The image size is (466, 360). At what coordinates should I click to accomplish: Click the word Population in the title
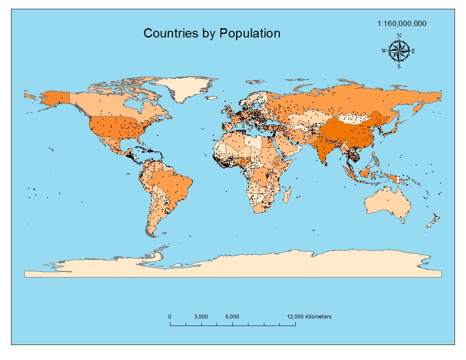click(x=250, y=33)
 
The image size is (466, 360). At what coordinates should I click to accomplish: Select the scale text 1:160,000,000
click(x=402, y=24)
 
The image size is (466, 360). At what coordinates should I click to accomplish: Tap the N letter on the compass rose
click(x=399, y=36)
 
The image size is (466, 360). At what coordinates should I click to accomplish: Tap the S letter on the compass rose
click(x=399, y=66)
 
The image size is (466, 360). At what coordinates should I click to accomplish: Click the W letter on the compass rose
click(x=384, y=51)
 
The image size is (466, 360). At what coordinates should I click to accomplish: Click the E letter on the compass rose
click(x=413, y=51)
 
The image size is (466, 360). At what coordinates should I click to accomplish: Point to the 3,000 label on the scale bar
click(x=201, y=317)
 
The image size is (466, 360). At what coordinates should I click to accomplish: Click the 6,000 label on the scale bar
click(x=232, y=317)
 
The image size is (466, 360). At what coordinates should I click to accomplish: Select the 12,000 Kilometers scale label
click(x=309, y=317)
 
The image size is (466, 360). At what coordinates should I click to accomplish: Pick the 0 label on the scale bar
click(x=170, y=317)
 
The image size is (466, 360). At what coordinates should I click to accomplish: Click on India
click(x=326, y=148)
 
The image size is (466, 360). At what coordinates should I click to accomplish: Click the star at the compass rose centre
click(x=399, y=51)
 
